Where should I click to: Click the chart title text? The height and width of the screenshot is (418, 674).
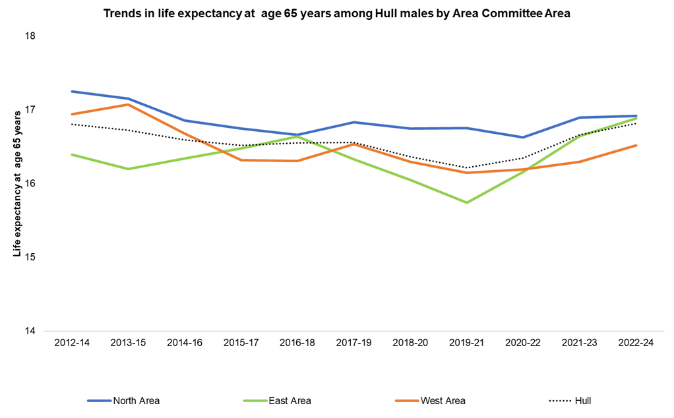(337, 13)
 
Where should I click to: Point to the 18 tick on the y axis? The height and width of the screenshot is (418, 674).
(30, 36)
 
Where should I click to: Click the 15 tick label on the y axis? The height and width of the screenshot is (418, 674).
(30, 257)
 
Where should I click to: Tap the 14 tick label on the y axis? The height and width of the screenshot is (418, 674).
(30, 331)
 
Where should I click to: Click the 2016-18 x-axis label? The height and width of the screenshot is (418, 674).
(297, 344)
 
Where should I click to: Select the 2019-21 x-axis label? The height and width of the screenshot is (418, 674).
(467, 344)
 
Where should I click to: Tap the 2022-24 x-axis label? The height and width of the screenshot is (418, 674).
(636, 344)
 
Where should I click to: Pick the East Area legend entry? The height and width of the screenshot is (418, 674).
(277, 400)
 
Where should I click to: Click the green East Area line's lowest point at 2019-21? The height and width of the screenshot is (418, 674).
(467, 202)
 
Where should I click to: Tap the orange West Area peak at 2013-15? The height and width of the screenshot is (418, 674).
(128, 104)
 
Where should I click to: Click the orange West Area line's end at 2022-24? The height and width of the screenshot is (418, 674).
(636, 145)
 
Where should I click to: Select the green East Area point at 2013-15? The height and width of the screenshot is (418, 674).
(128, 169)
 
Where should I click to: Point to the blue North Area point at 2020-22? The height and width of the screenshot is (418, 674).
(523, 137)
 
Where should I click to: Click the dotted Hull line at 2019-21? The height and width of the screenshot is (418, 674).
(467, 167)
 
